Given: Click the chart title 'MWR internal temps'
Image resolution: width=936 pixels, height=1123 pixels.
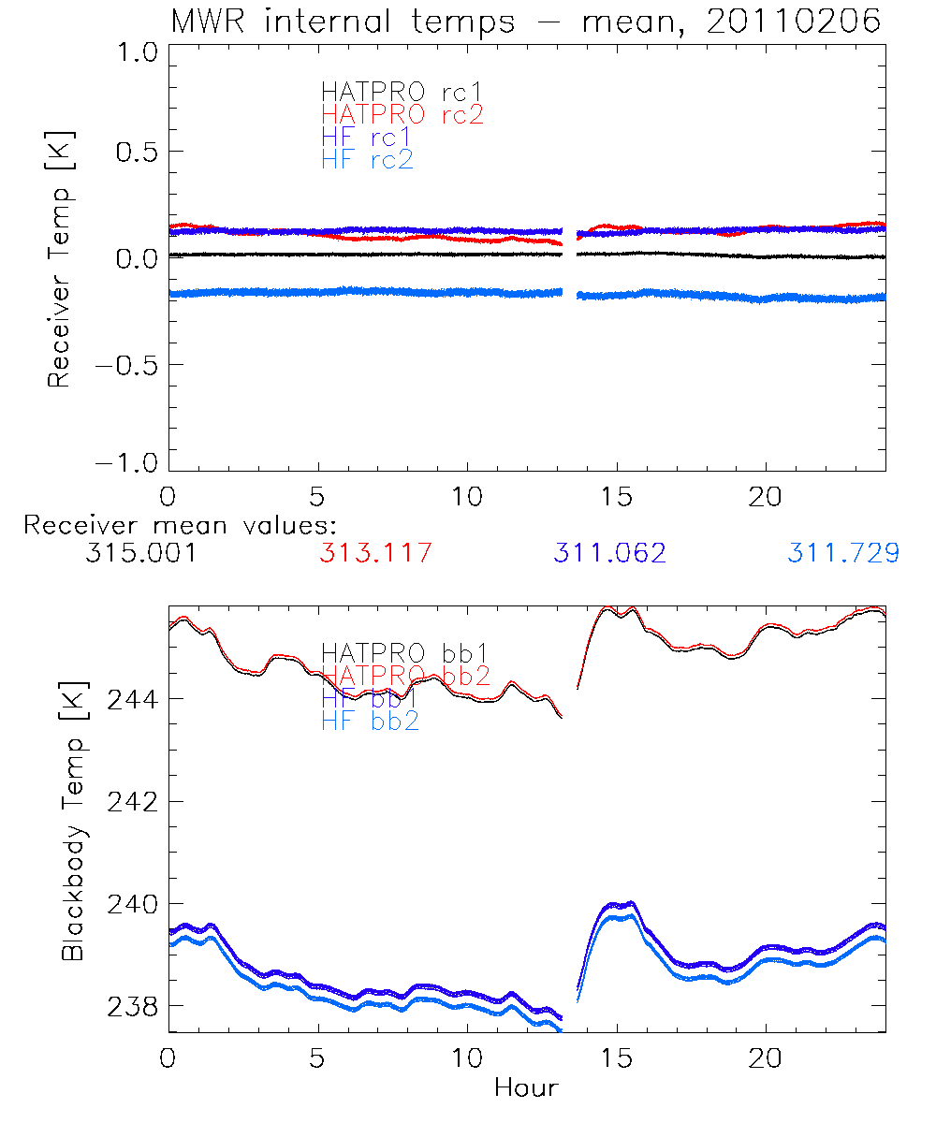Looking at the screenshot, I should (x=343, y=22).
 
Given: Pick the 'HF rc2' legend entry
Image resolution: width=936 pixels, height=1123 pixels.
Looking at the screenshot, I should (x=367, y=159).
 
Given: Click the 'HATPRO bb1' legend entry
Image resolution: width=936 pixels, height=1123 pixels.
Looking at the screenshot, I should (x=405, y=652).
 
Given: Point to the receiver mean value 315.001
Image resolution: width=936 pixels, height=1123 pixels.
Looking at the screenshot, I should (x=140, y=553).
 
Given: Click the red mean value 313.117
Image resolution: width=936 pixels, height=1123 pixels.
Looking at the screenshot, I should (x=375, y=553).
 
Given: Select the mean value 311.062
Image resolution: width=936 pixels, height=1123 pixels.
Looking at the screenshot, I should (x=609, y=553).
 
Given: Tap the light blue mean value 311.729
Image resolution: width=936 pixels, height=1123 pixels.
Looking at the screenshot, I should (x=843, y=553).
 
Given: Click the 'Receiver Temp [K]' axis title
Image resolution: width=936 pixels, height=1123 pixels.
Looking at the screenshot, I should (x=60, y=259).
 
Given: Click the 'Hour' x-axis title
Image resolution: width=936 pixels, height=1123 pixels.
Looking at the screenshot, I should (x=526, y=1087).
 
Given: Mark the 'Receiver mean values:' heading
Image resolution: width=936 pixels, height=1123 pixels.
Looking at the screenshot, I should (x=180, y=525).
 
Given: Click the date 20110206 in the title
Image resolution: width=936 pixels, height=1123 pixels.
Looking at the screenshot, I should (x=793, y=22).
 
